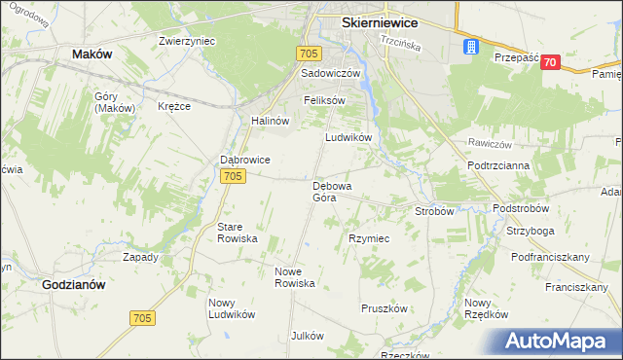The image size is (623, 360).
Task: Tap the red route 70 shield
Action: pos(551,62)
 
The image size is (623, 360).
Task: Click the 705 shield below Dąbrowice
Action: pos(232,176)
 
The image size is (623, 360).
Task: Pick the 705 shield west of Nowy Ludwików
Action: pos(141,318)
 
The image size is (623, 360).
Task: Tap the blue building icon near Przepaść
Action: pos(471,46)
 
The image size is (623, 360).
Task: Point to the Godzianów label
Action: pos(74,284)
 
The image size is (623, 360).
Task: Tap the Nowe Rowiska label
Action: pos(295,277)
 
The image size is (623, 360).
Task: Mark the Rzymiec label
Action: pos(369,238)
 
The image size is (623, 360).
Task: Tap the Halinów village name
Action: pos(271,121)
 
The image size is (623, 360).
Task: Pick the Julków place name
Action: pos(307,336)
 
